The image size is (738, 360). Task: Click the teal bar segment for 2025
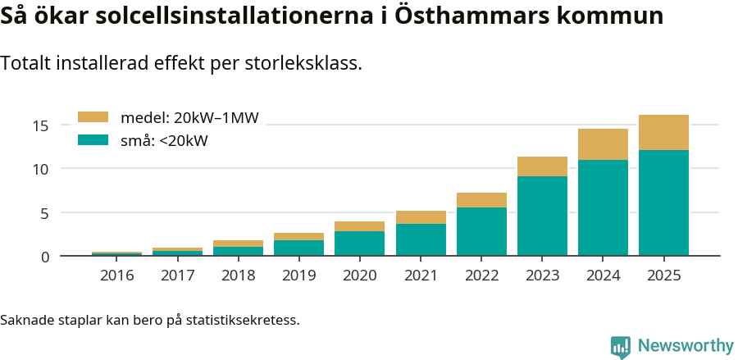click(x=663, y=203)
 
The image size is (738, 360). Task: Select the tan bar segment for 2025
click(x=663, y=132)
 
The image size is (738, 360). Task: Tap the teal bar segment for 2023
click(x=542, y=216)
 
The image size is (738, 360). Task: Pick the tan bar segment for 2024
click(x=603, y=144)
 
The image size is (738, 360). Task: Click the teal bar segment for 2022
click(x=481, y=231)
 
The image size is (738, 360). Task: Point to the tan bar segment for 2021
click(x=421, y=217)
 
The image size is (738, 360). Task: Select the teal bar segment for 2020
click(x=360, y=244)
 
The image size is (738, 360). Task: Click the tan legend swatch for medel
click(x=93, y=118)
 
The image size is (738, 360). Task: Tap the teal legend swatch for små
click(x=93, y=140)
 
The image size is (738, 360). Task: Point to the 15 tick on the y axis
click(x=41, y=125)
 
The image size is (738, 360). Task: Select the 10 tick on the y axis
click(x=41, y=169)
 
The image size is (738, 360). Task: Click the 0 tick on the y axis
click(x=45, y=257)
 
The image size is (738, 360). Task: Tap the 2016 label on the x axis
click(x=117, y=275)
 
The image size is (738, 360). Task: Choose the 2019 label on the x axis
click(x=299, y=275)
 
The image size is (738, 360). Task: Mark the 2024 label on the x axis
click(x=603, y=275)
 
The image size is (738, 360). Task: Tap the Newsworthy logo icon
click(x=621, y=346)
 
